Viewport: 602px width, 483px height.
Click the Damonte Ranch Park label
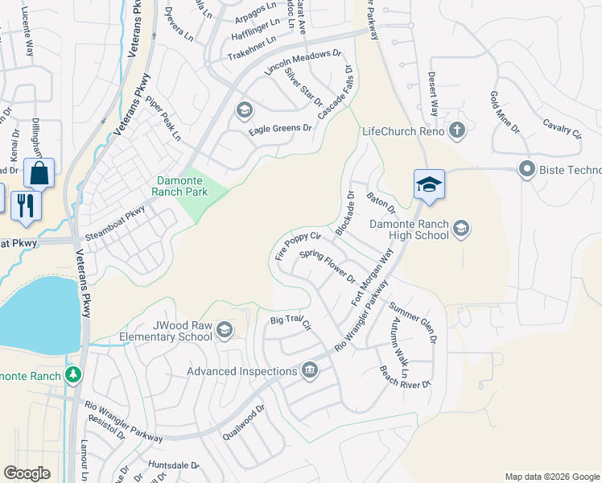180,187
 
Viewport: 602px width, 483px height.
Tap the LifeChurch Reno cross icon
457,130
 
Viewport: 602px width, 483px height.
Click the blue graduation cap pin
430,185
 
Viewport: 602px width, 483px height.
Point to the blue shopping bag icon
39,173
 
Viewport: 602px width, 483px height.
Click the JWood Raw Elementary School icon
225,329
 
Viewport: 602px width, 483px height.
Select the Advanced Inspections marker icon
309,370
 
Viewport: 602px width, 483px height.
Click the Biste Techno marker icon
527,169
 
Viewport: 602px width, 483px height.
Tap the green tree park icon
73,375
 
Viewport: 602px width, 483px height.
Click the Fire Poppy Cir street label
298,246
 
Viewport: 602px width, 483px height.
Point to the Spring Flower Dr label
328,266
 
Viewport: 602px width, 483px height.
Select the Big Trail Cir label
291,322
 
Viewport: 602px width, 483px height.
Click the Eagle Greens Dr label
280,128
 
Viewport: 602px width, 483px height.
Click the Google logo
27,473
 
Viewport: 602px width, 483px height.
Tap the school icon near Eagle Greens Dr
243,110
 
